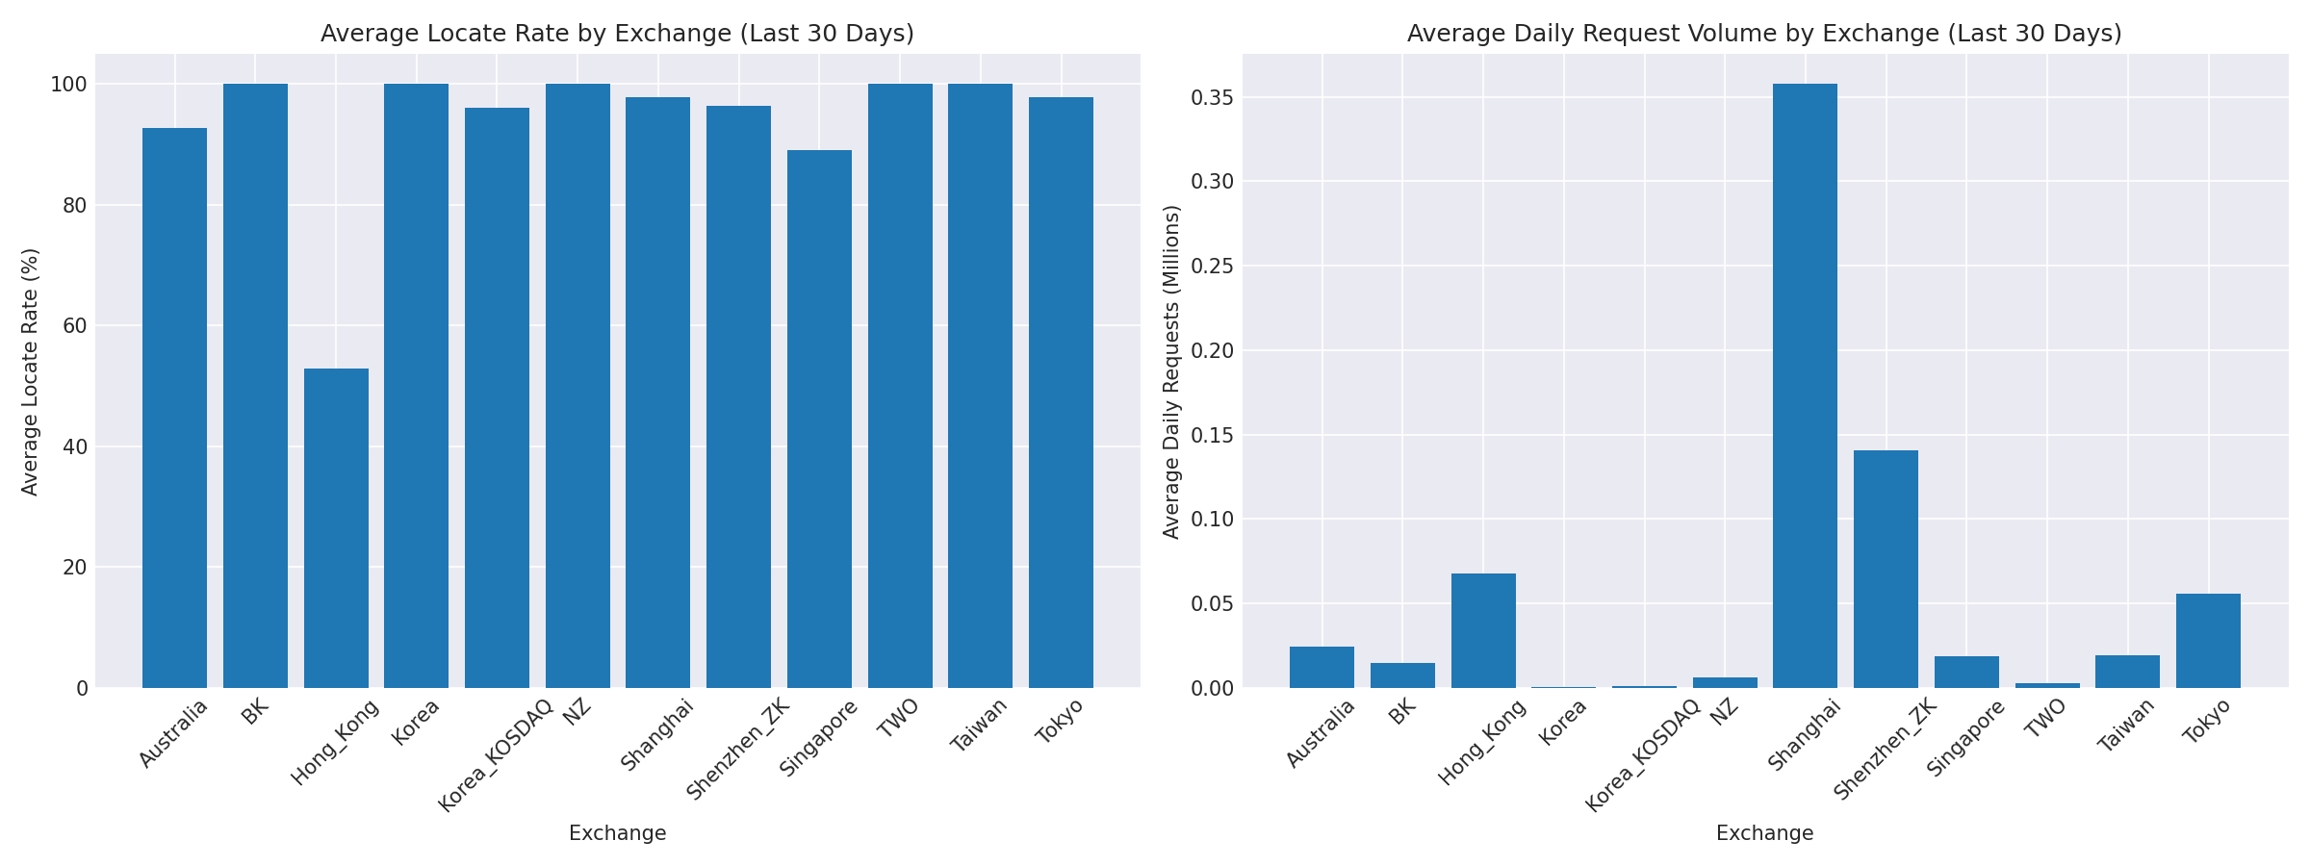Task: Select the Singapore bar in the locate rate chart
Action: pos(819,419)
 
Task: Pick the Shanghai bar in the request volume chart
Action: pos(1805,385)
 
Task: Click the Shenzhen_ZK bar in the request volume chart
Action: pos(1886,569)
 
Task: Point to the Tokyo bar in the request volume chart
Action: pos(2208,640)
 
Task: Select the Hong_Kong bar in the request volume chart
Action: pos(1483,630)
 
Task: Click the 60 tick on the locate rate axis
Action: pos(75,326)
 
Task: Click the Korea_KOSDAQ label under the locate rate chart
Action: pos(497,755)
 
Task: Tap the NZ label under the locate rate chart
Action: pos(577,718)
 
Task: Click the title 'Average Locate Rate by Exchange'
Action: pos(617,34)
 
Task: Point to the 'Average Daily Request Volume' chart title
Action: pos(1764,34)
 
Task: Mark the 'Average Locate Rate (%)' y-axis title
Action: pos(31,371)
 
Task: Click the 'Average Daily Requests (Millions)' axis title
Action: pos(1171,371)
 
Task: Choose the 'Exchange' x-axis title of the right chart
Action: pos(1764,833)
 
